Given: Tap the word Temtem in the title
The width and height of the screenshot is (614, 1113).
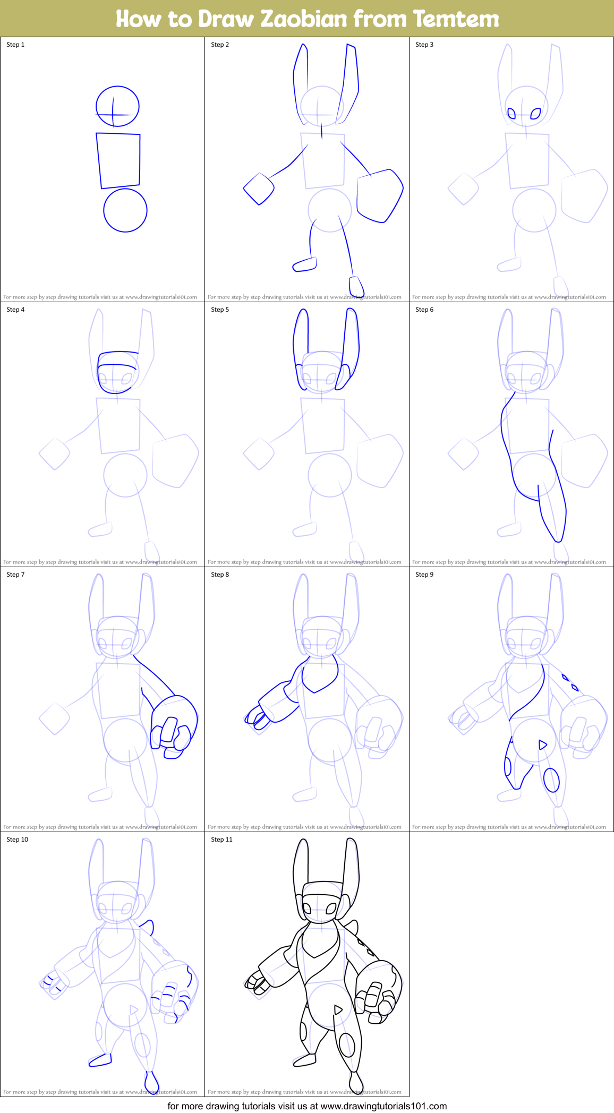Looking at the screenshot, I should (456, 19).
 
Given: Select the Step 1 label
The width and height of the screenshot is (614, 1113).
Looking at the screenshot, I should (15, 45).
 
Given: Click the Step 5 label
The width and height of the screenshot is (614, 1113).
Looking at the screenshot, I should (220, 310).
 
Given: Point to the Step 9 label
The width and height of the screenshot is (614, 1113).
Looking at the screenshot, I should (424, 575).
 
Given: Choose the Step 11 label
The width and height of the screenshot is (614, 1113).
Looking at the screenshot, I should (221, 840).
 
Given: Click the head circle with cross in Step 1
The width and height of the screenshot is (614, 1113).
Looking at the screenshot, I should (117, 106).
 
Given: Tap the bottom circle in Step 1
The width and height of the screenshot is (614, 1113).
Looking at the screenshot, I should (125, 210).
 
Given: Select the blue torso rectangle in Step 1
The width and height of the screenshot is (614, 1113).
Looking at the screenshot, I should (118, 160).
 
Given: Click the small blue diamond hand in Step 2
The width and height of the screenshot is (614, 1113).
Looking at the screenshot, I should (259, 189).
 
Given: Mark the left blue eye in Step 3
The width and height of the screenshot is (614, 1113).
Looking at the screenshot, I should (512, 113).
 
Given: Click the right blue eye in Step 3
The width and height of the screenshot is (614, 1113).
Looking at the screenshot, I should (536, 114).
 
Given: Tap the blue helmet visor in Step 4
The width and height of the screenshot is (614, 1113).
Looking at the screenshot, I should (117, 359).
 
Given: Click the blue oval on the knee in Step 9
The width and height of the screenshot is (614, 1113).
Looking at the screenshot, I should (552, 780).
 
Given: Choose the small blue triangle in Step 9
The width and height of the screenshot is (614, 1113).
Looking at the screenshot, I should (542, 745).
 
